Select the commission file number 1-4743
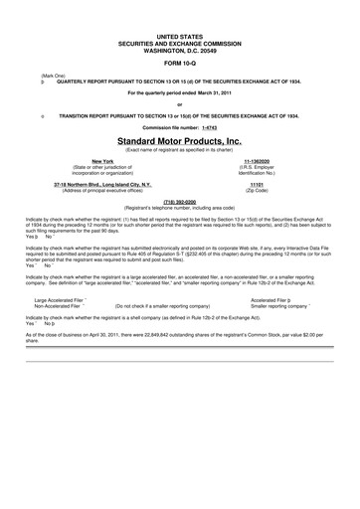tap(207, 128)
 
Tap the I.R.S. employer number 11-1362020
tap(257, 160)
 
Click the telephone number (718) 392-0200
tap(180, 200)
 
